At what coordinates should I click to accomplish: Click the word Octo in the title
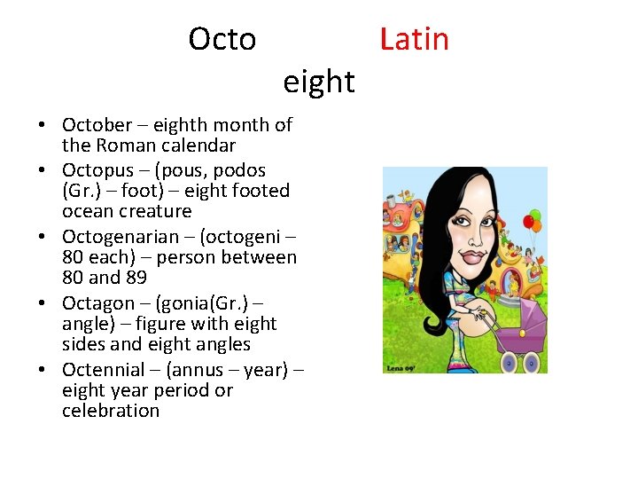pos(222,40)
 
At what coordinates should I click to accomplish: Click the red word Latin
pos(414,40)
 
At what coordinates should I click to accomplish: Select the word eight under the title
pos(319,82)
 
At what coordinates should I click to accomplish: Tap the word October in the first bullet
pos(96,125)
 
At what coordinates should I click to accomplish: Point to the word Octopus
pos(96,170)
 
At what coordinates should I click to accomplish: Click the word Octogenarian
pos(117,237)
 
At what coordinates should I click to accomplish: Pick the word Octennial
pos(103,370)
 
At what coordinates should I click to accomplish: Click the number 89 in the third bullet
pos(135,278)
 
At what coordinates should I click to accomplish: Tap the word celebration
pos(111,411)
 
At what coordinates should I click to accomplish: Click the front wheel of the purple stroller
pos(532,361)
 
